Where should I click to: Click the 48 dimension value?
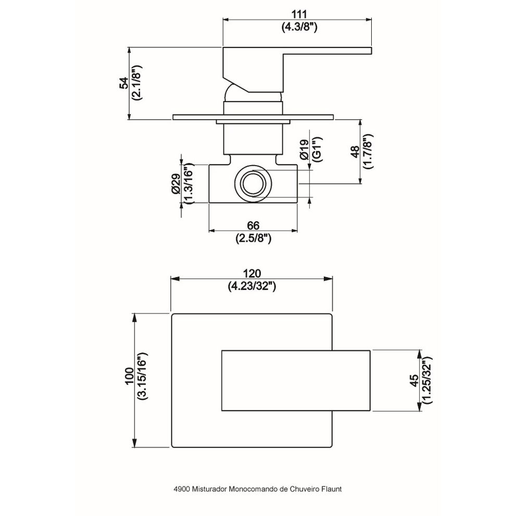355,151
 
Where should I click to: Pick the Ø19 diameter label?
305,150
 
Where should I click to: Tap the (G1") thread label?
318,150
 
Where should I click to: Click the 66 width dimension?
253,225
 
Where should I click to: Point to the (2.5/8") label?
253,238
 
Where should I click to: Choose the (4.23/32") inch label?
252,286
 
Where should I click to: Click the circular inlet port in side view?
254,183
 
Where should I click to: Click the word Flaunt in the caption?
331,489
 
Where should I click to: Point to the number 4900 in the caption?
182,489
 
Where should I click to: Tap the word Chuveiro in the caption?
303,489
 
